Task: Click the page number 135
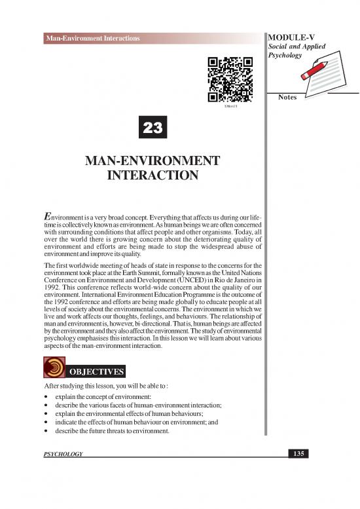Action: [298, 453]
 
